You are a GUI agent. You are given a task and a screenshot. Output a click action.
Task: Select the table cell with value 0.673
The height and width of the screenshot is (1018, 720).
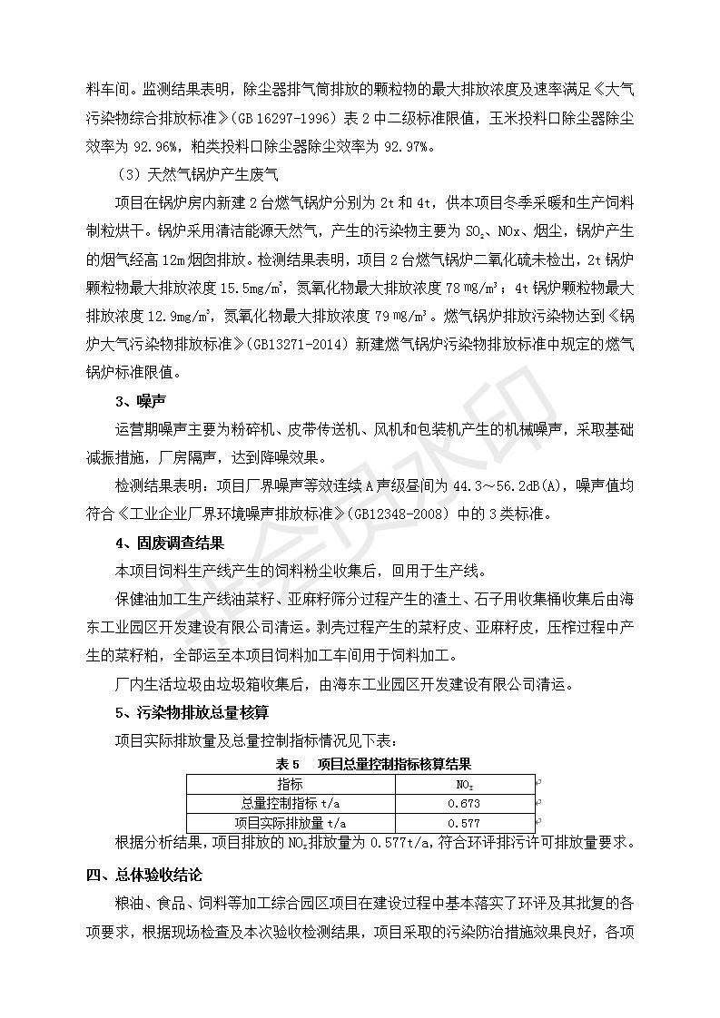pos(463,803)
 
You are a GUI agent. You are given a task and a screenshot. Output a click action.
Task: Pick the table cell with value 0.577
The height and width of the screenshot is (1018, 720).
pos(463,823)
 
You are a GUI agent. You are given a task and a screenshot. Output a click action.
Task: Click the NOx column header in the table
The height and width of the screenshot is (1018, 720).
pos(463,783)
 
